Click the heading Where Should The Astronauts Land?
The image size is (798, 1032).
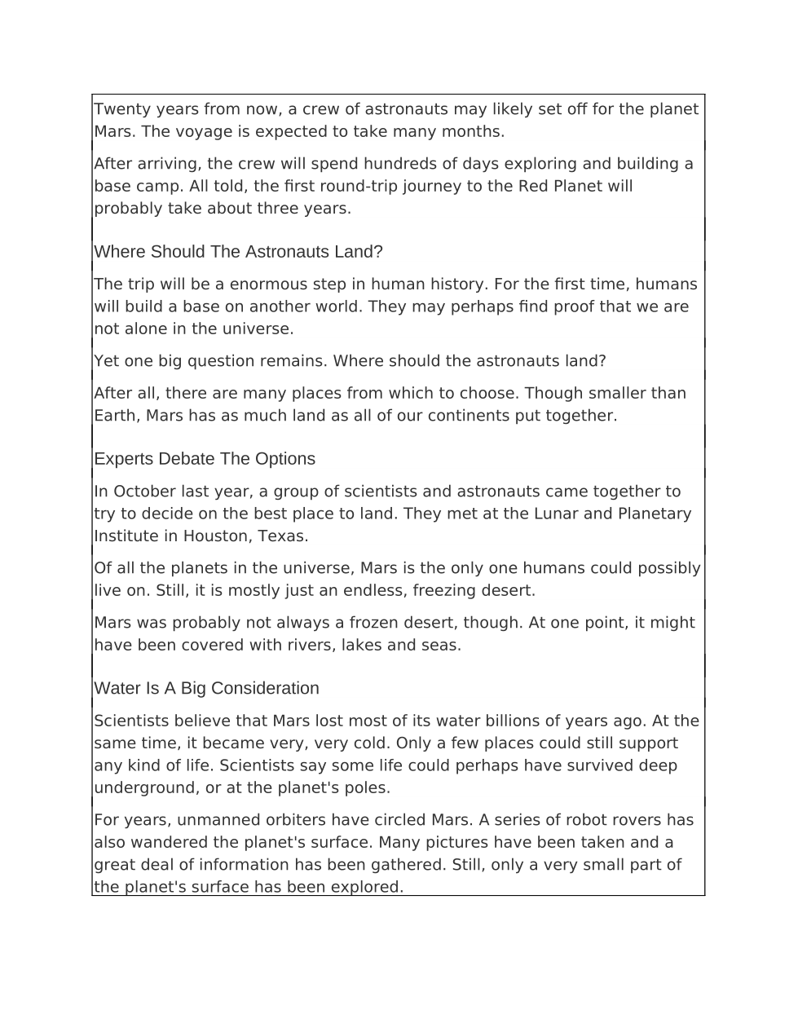(x=238, y=252)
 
